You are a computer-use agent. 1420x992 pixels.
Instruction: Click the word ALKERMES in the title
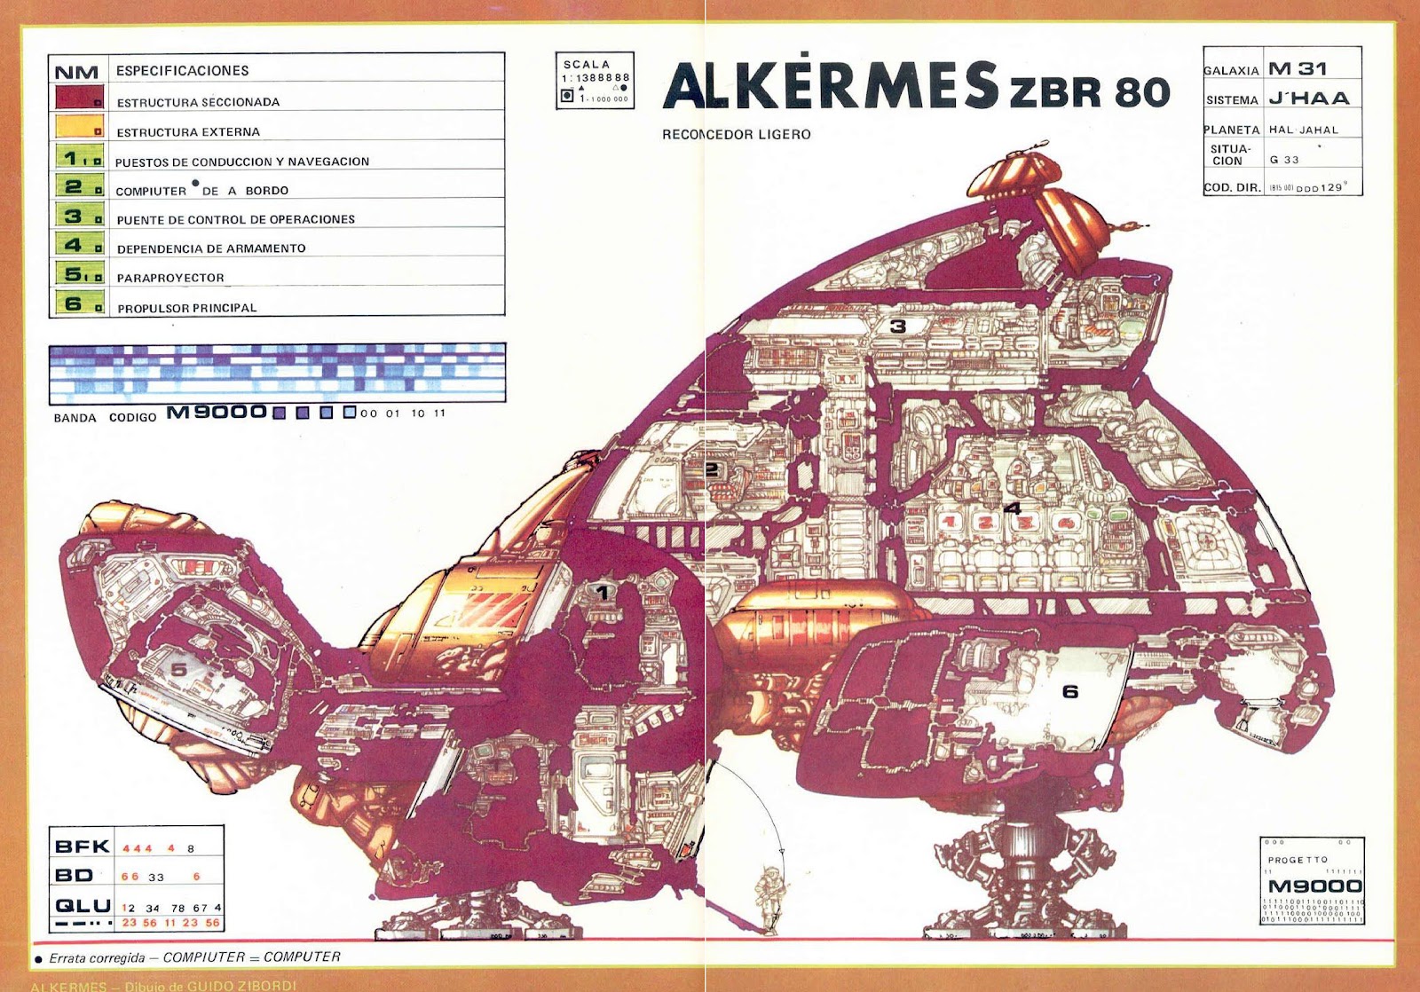(x=830, y=87)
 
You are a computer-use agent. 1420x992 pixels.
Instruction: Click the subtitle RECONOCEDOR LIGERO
(x=736, y=135)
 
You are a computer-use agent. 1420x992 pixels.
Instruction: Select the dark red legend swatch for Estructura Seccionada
(x=79, y=97)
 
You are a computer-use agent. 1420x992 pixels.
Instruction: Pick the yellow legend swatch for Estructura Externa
(x=79, y=126)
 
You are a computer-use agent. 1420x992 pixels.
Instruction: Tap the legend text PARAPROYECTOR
(x=170, y=278)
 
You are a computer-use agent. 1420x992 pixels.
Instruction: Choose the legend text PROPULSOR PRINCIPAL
(x=186, y=308)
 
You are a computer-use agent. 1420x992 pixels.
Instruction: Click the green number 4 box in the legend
(x=79, y=244)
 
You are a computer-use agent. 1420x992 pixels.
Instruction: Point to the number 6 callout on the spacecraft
(x=1070, y=690)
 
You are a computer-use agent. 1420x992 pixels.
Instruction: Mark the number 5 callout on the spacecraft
(x=179, y=668)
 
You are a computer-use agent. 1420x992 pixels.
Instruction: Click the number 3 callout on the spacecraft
(x=898, y=327)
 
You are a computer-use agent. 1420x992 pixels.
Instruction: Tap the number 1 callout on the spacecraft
(x=603, y=592)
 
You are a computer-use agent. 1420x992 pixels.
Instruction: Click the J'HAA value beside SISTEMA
(x=1308, y=98)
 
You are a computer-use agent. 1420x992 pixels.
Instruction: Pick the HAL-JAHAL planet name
(x=1303, y=130)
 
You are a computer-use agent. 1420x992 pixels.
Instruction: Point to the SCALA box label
(x=587, y=65)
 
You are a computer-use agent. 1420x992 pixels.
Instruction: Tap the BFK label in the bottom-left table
(x=82, y=846)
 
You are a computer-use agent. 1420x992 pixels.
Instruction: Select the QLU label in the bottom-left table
(x=83, y=906)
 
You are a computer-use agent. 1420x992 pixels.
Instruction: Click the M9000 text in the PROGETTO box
(x=1314, y=886)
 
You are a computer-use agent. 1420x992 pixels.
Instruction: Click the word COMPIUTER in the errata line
(x=199, y=957)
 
